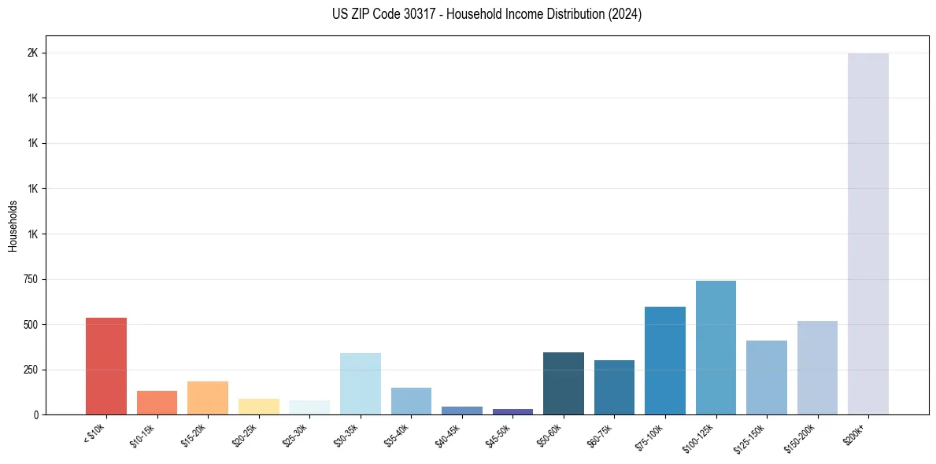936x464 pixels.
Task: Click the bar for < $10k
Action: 106,366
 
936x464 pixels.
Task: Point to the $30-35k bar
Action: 361,384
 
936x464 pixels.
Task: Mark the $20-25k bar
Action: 259,407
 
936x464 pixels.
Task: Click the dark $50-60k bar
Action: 564,383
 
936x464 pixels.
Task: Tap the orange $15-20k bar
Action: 208,398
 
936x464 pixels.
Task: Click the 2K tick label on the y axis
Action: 33,53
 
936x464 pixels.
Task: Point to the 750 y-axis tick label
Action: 29,279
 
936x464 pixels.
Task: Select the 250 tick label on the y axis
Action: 29,370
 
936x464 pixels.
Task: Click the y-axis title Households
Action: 13,226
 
